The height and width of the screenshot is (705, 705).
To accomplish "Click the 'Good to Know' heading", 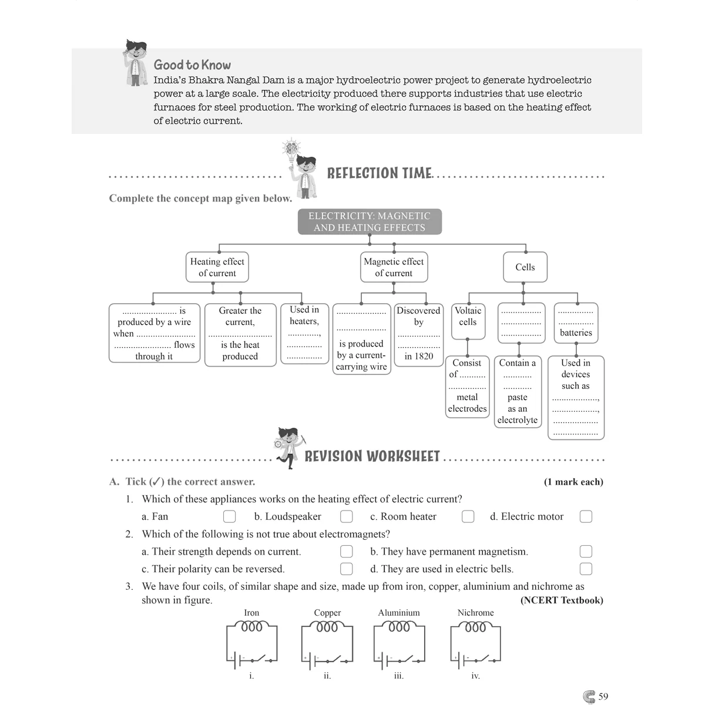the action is [x=192, y=65].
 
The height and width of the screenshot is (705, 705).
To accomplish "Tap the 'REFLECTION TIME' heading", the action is [x=380, y=173].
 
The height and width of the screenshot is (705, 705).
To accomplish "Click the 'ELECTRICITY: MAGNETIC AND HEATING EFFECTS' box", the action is [x=370, y=221].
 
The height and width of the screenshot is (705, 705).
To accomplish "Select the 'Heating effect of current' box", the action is [x=217, y=267].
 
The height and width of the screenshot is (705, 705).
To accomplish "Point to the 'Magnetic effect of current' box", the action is [x=394, y=267].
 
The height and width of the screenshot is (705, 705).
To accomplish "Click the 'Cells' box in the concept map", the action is [x=525, y=267].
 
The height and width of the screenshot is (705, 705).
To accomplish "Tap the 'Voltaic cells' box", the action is [x=468, y=321].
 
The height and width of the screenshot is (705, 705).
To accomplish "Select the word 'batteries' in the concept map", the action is [x=576, y=333].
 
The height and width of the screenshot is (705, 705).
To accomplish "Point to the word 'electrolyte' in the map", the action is [x=518, y=420].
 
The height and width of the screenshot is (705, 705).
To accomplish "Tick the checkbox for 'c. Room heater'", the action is [x=468, y=516].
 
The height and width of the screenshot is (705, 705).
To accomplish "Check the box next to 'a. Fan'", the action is [x=229, y=516].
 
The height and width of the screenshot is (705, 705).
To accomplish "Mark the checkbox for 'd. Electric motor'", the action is [x=586, y=516].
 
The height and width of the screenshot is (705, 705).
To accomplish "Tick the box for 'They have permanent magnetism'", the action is [x=586, y=551].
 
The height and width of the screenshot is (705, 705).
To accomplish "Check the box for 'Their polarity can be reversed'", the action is [x=347, y=569].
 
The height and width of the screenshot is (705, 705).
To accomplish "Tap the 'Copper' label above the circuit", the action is [x=327, y=612].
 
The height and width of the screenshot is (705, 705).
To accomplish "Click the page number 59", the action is [x=603, y=696].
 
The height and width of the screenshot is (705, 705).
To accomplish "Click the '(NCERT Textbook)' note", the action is [x=562, y=600].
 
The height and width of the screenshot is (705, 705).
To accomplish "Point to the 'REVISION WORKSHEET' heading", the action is [x=372, y=456].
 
